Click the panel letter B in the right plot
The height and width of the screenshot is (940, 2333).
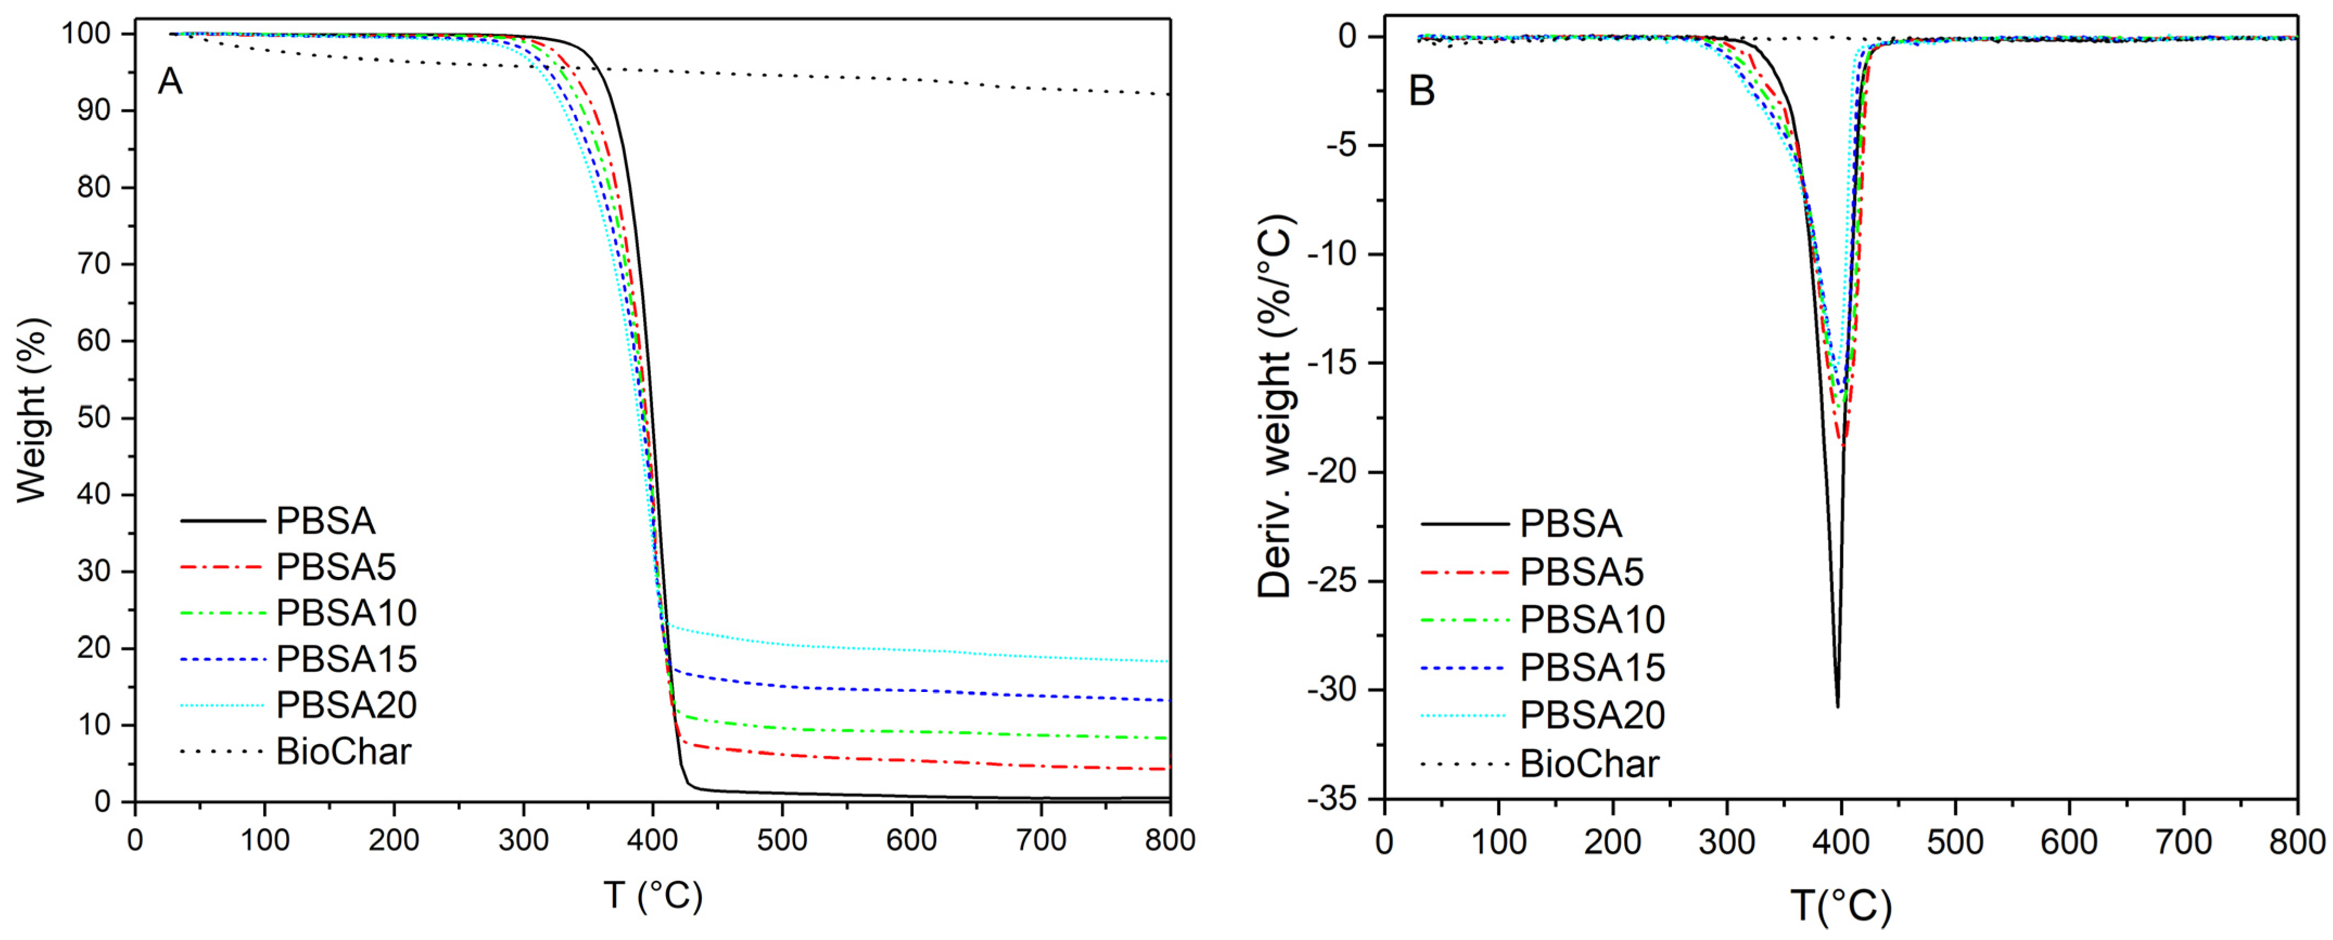1421,92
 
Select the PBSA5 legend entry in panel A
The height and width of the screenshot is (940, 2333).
336,568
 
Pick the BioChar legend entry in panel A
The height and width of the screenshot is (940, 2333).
343,752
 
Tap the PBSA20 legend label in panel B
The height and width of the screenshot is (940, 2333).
1592,715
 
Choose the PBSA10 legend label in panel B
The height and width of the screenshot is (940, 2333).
1592,619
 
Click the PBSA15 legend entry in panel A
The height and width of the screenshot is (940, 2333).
346,659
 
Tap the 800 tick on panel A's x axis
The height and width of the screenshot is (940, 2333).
1169,840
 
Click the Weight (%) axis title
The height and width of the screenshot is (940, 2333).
31,409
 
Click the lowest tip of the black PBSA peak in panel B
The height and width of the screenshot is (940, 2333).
1837,707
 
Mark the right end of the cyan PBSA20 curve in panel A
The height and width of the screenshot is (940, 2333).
1169,661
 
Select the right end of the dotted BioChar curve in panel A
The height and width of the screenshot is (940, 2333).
1169,94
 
